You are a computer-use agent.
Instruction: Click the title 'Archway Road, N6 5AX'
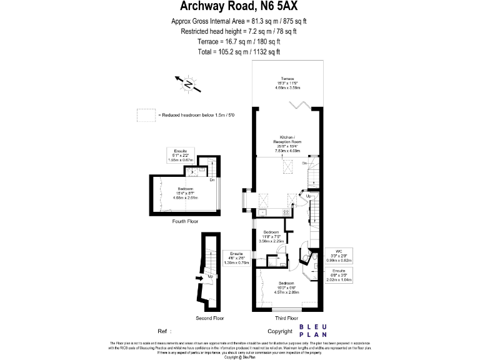click(239, 7)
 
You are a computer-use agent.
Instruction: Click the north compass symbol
click(187, 83)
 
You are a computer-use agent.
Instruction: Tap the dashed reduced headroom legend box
click(146, 115)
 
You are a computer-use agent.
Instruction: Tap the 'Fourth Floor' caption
click(185, 221)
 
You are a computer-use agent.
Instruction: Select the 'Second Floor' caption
click(209, 318)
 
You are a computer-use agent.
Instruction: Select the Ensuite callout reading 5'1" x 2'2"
click(185, 157)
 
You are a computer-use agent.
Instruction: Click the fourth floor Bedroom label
click(185, 193)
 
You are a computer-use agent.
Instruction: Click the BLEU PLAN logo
click(314, 331)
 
